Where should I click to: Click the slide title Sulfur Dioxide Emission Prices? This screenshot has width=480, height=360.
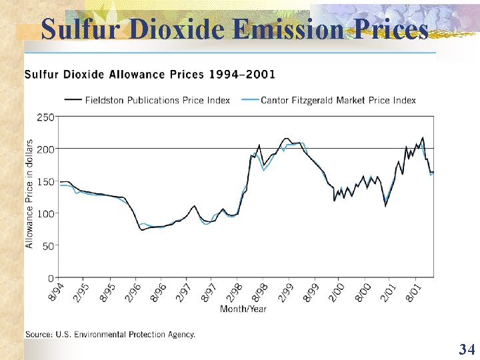click(235, 29)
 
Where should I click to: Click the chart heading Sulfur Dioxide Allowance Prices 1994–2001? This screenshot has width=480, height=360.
click(149, 74)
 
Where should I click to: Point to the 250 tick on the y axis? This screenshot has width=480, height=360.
click(45, 117)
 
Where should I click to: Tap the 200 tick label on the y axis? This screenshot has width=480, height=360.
click(45, 149)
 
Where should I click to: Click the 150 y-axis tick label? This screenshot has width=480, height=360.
click(45, 181)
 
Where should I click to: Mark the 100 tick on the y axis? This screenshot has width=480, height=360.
click(45, 213)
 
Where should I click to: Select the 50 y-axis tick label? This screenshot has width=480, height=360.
click(48, 245)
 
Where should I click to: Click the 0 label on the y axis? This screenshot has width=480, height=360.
click(51, 277)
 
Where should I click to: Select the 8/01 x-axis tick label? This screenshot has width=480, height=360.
click(413, 292)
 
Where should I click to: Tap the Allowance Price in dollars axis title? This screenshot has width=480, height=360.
click(29, 193)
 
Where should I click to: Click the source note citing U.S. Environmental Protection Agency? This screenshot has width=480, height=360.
click(110, 334)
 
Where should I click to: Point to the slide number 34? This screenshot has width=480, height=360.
click(466, 349)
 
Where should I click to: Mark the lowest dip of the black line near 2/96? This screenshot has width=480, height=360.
click(142, 230)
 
